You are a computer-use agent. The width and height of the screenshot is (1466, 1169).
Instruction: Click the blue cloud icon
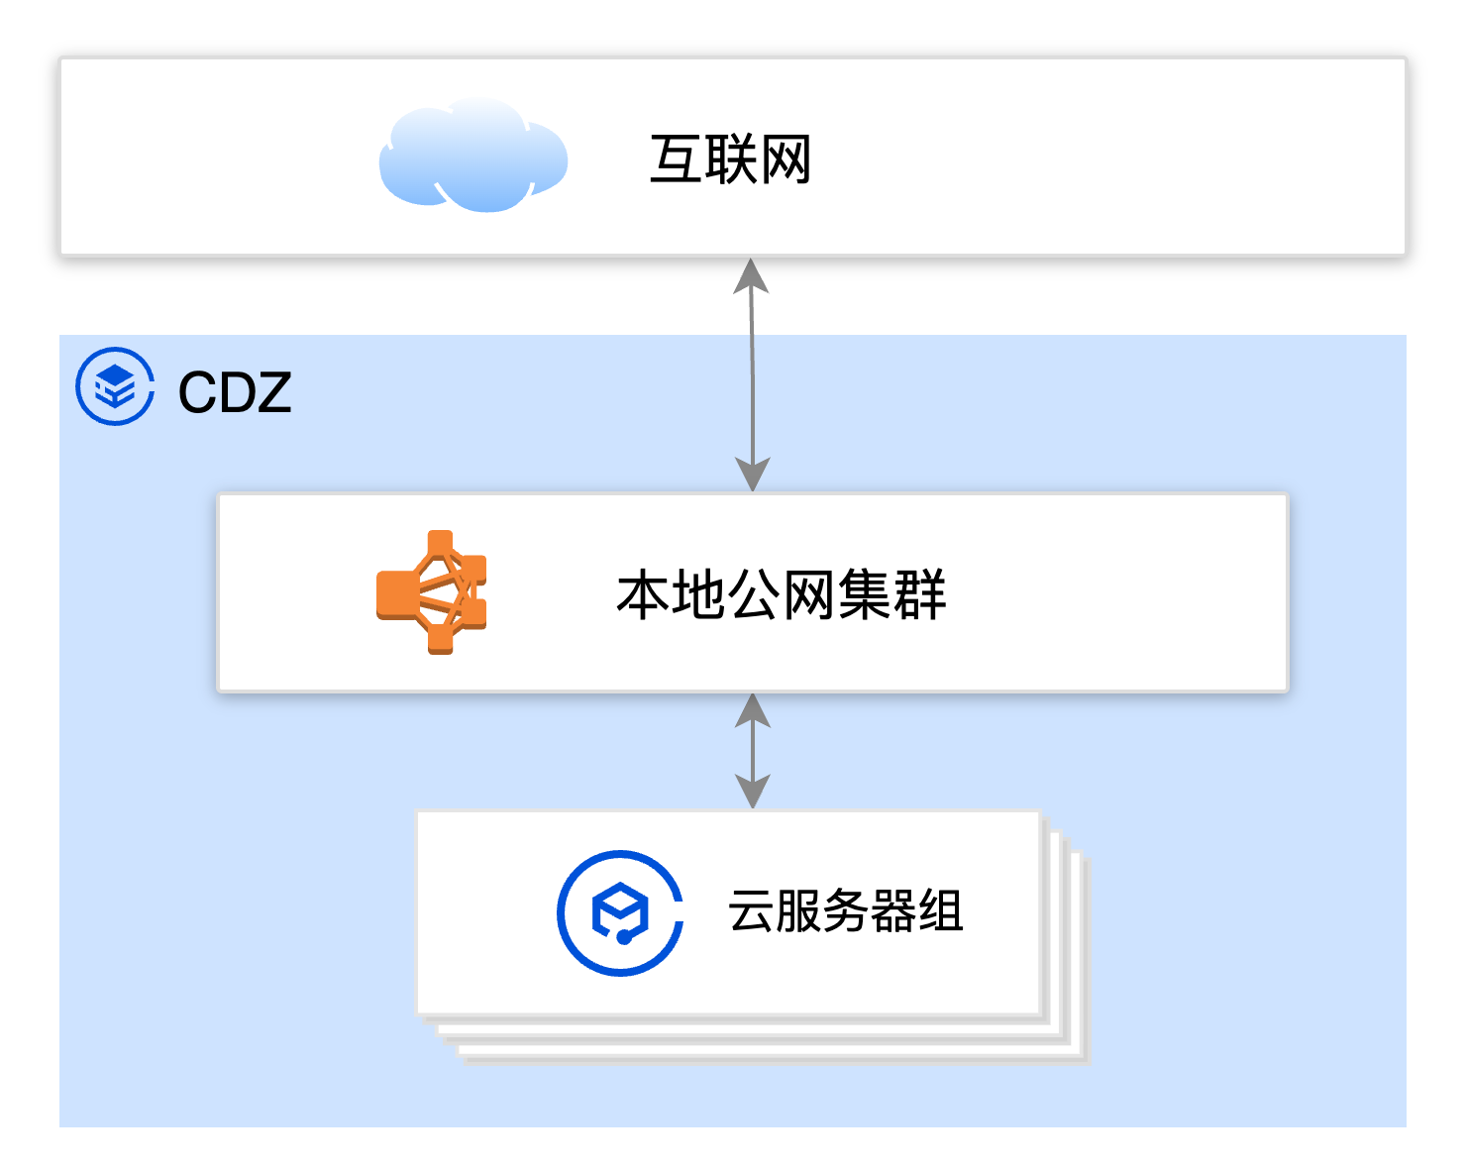coord(472,158)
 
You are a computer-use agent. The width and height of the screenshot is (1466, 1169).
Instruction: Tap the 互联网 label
coord(730,159)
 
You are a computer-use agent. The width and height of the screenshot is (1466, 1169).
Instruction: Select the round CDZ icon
coord(115,386)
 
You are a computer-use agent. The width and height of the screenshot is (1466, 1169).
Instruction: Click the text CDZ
coord(234,392)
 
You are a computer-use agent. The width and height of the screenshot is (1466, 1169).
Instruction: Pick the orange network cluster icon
coord(432,592)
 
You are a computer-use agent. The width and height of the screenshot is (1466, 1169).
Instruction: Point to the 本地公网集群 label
coord(781,595)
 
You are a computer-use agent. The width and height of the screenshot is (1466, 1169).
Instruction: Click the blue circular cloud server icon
coord(620,912)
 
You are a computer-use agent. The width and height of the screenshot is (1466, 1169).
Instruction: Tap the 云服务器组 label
coord(845,911)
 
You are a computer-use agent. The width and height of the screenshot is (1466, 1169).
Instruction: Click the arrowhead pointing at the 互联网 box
coord(752,276)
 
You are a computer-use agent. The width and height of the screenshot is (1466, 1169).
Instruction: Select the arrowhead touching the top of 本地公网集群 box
coord(753,475)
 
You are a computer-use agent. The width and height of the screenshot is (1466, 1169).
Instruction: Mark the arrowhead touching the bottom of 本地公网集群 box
coord(753,710)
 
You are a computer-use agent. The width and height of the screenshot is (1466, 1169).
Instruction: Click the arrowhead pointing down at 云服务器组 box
coord(753,792)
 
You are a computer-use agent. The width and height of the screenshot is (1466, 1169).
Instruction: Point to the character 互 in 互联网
coord(676,159)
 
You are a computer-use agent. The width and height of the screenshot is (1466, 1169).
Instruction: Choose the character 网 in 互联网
coord(785,159)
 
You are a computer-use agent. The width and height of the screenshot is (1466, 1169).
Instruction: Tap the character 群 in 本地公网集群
coord(919,595)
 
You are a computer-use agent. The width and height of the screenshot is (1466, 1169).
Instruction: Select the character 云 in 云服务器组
coord(751,911)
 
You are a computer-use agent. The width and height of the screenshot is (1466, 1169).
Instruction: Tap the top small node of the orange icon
coord(440,543)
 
